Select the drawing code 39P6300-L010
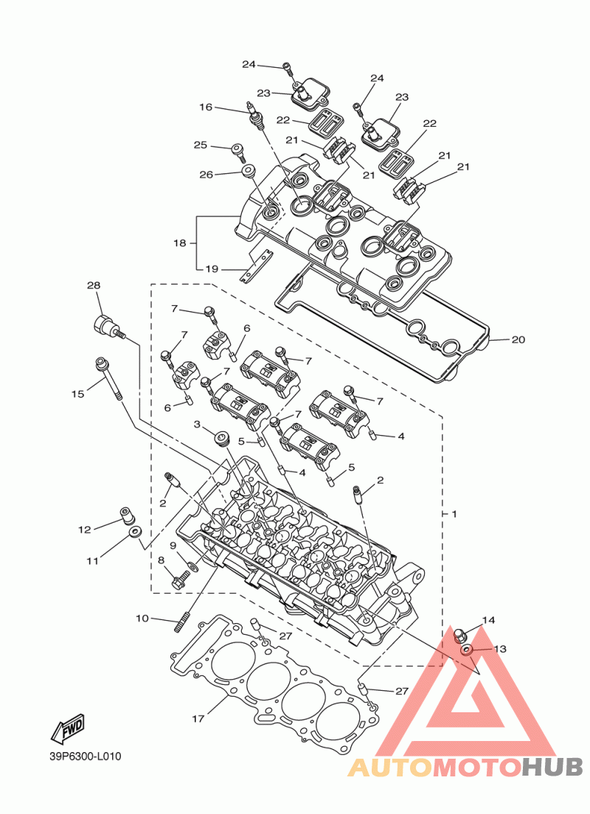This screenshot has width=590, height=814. click(x=85, y=756)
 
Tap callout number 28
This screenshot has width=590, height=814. click(x=94, y=285)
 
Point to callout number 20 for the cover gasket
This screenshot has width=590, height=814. click(x=518, y=339)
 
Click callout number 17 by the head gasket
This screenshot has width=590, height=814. click(x=198, y=718)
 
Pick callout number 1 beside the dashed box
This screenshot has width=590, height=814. click(x=454, y=514)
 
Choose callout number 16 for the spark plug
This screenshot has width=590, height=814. click(x=206, y=107)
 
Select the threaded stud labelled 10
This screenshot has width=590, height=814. click(x=181, y=622)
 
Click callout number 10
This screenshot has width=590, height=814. click(x=142, y=619)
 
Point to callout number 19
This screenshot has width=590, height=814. click(x=212, y=269)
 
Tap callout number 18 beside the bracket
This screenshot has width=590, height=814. click(x=180, y=243)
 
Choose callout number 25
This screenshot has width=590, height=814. click(x=201, y=145)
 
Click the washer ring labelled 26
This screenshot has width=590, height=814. click(x=248, y=171)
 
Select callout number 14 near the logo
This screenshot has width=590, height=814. click(x=488, y=620)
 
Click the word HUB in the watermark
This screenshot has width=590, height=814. click(x=552, y=767)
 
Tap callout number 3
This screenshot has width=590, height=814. click(x=197, y=424)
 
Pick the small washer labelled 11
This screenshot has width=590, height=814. click(x=136, y=532)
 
